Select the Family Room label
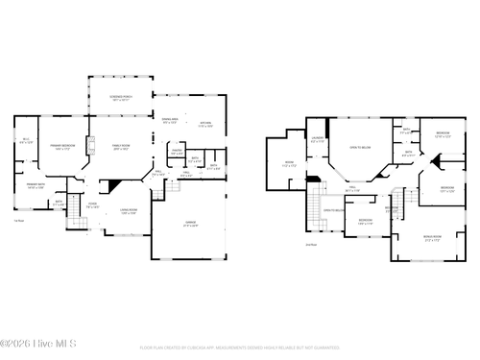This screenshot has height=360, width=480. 122,148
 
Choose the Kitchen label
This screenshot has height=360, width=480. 205,124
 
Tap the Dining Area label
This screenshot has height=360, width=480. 170,122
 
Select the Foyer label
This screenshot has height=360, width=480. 93,204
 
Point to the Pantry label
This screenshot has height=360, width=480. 177,152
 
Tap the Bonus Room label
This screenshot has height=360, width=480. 431,236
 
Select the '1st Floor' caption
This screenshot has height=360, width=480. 18,221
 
